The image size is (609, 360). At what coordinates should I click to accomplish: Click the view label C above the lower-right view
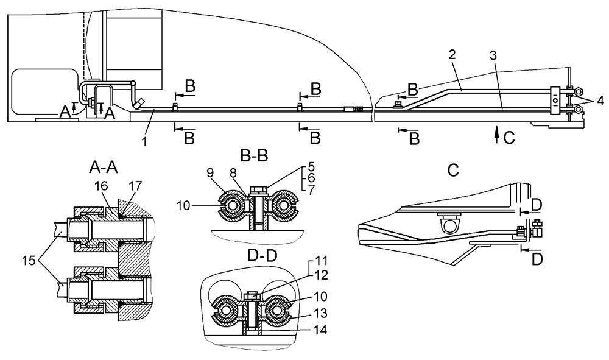(x=453, y=171)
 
